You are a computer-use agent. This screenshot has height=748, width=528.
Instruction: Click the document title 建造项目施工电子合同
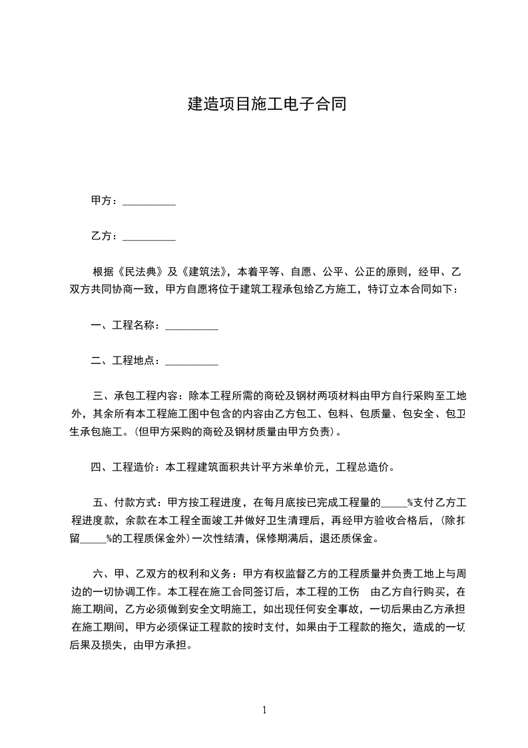coord(266,104)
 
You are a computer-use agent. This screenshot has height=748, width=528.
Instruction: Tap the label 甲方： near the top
coord(105,201)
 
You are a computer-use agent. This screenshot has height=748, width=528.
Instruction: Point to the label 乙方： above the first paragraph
coord(105,235)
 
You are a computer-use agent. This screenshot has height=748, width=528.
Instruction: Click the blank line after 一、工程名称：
coord(191,327)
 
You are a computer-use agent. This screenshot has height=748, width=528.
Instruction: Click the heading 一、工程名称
coord(125,326)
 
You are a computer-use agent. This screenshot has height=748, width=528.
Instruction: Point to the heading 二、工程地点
coord(125,361)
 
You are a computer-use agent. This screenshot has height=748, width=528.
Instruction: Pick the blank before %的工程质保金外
coord(93,539)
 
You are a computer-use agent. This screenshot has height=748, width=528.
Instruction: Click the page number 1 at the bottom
coord(264,710)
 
